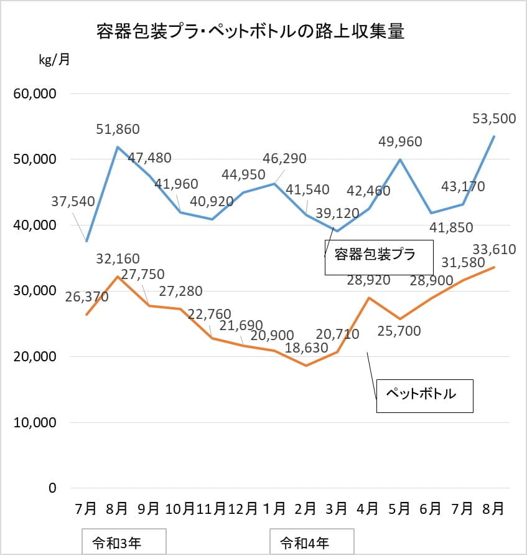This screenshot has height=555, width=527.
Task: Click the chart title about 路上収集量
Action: pos(251,32)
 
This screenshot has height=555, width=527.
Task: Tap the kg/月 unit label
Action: pos(54,59)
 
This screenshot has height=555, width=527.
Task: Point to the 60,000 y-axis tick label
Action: pos(35,94)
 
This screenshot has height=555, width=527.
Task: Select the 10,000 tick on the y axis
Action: pos(35,422)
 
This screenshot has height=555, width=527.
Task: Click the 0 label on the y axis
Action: pos(52,488)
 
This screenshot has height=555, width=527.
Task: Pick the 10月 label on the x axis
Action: pos(180,509)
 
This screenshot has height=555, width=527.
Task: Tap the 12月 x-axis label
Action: pos(243,509)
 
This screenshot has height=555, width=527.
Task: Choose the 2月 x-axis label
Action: pos(305,509)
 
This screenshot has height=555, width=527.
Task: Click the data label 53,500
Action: pos(494,118)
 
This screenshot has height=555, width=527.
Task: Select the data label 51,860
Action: pos(118,129)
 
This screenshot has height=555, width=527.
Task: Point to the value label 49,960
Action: pos(400,141)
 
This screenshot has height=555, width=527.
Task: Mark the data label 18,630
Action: pos(307,348)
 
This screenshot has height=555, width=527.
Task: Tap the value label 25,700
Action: pos(399,331)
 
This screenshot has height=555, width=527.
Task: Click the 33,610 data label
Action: pos(494,250)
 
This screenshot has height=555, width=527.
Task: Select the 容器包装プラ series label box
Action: pos(379,257)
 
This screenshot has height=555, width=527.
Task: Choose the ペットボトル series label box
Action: pos(424,396)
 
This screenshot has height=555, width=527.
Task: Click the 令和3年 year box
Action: pos(124,541)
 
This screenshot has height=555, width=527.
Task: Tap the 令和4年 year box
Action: pos(312,541)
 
